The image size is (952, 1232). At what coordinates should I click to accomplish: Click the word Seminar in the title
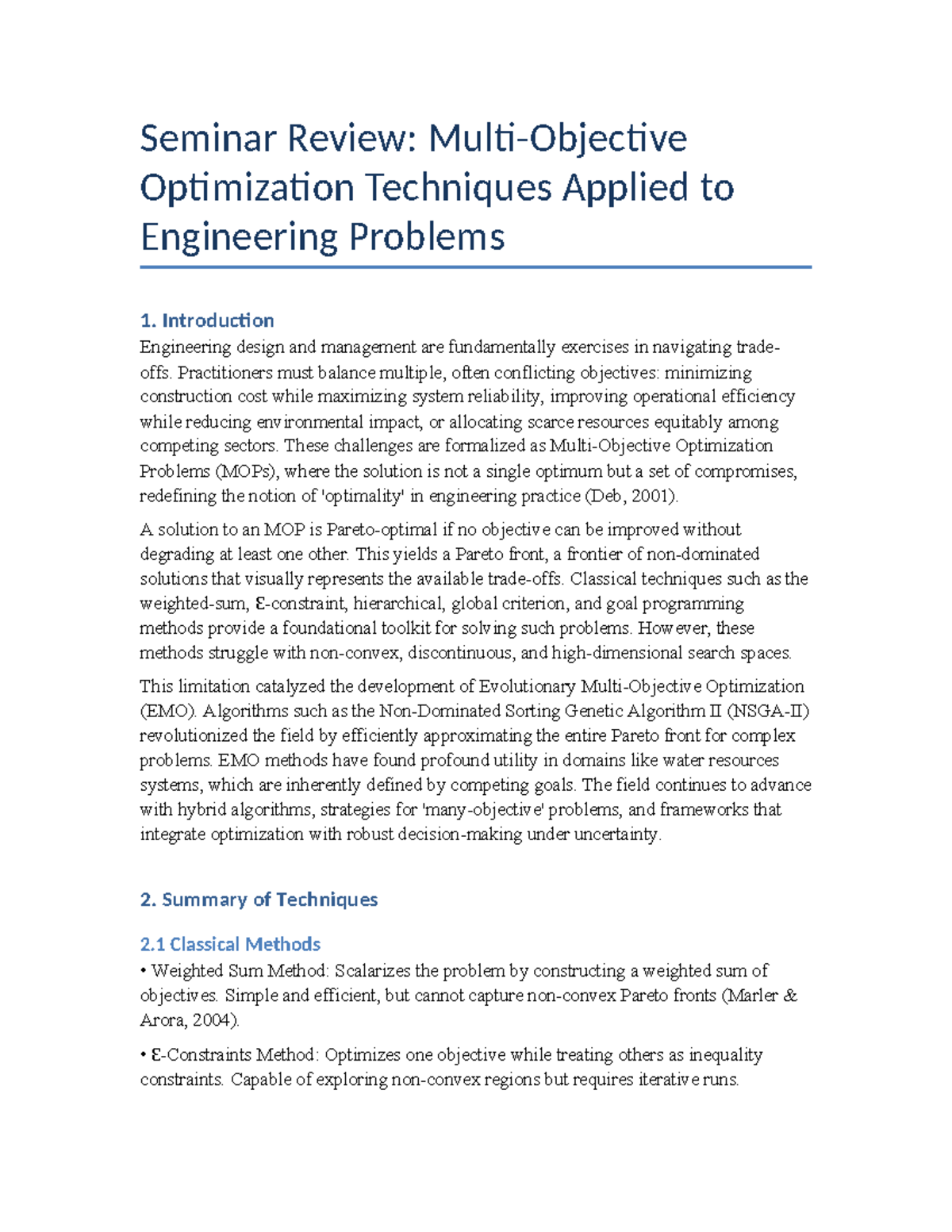[207, 139]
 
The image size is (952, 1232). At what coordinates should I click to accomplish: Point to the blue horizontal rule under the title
[475, 267]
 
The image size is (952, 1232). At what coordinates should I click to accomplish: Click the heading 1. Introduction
[206, 320]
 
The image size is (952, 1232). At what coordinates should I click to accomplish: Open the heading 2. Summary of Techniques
[259, 900]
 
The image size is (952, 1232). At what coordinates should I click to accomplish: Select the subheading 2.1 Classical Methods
[230, 944]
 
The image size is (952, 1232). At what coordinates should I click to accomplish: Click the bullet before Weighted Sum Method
[143, 971]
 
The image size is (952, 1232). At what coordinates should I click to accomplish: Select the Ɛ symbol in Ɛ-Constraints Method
[156, 1055]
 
